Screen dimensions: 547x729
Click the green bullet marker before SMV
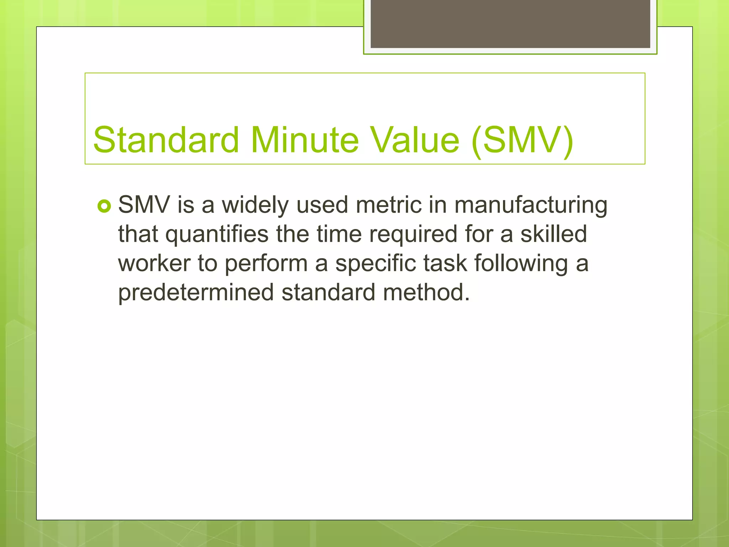click(x=104, y=206)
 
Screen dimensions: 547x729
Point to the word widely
click(x=255, y=206)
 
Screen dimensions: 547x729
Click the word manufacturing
click(x=531, y=206)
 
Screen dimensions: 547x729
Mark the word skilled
click(x=554, y=234)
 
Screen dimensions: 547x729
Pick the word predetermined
click(x=196, y=293)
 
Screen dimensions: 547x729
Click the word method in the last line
click(x=426, y=293)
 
